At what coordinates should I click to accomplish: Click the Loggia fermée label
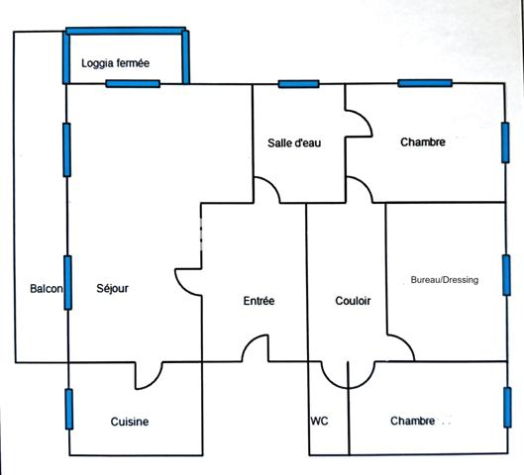(x=115, y=63)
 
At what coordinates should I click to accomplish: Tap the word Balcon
(x=47, y=289)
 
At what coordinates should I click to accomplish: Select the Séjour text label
(x=112, y=288)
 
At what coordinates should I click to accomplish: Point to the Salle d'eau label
(x=294, y=142)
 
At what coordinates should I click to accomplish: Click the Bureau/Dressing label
(x=445, y=280)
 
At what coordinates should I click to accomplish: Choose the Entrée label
(x=259, y=301)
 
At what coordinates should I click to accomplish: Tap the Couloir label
(x=353, y=301)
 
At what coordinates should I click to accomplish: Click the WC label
(x=320, y=421)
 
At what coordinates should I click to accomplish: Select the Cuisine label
(x=130, y=422)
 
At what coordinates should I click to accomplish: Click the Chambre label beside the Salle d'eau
(x=423, y=142)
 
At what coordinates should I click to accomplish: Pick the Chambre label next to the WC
(x=413, y=421)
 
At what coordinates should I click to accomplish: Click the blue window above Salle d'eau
(x=299, y=84)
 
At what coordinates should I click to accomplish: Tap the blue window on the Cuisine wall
(x=69, y=409)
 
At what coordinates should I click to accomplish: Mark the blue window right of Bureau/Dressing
(x=506, y=275)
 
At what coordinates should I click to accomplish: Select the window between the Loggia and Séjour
(x=133, y=83)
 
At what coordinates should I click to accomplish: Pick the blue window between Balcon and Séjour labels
(x=67, y=283)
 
